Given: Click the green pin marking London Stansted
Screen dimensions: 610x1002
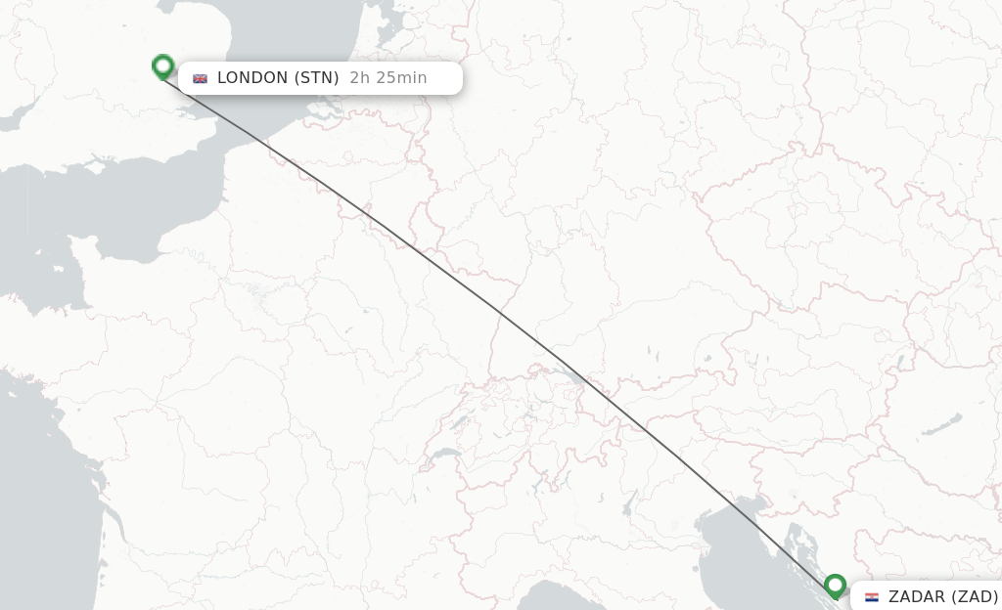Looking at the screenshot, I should coord(163,66).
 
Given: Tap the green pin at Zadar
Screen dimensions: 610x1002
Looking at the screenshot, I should coord(835,586).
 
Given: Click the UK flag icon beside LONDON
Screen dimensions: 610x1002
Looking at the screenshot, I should coord(201,78).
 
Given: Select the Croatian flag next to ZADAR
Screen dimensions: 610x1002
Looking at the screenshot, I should coord(871,596).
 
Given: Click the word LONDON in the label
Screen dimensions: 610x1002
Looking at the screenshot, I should coord(252,78).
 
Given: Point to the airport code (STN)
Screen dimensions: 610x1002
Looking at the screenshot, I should coord(316,78).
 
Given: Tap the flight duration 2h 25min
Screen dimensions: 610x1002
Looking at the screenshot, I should coord(388,78).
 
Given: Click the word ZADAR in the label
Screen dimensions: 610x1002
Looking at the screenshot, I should coord(917,596).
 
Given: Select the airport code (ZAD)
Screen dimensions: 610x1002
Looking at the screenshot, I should coord(975,596).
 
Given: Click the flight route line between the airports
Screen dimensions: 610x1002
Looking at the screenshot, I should coord(499,312).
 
